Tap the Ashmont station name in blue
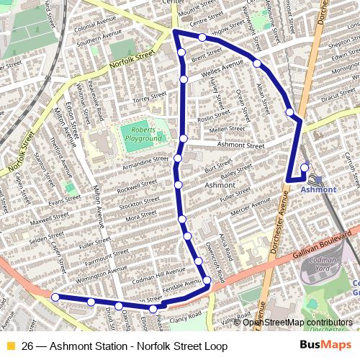click(318, 189)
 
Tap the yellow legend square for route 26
click(10, 346)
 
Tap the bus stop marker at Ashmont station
click(304, 168)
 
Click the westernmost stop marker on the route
click(55, 295)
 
